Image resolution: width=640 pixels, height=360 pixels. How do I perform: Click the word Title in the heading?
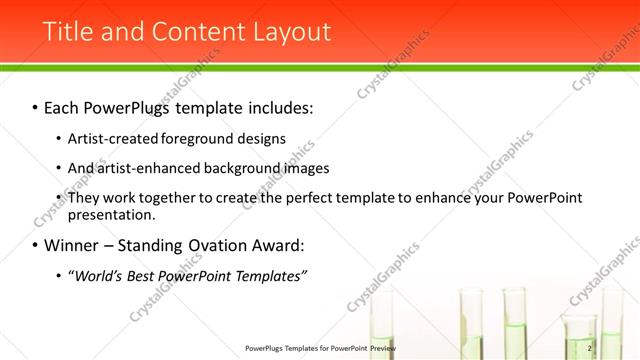pos(67,32)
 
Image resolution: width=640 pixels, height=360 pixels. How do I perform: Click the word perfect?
pos(312,198)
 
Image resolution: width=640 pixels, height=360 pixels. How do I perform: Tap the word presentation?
pos(111,214)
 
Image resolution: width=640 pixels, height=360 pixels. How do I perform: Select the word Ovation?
pos(226,245)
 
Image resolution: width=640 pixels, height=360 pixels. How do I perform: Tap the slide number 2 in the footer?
pos(590,348)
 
